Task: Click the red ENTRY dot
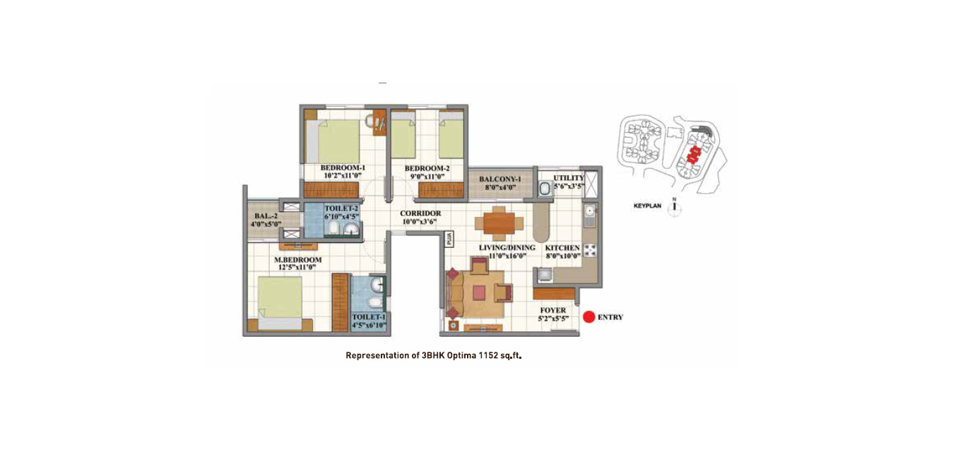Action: (x=589, y=317)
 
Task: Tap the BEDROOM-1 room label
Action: (x=343, y=167)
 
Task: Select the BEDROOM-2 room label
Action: (x=427, y=169)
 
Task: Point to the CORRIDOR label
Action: (x=420, y=213)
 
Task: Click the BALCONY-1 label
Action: (x=500, y=179)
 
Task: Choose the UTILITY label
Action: (x=569, y=178)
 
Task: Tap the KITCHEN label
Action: (x=562, y=248)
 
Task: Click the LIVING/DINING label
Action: (x=507, y=248)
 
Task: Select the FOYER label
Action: (x=553, y=310)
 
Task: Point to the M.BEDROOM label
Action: (x=298, y=260)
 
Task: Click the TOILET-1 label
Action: (x=369, y=317)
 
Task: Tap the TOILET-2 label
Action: (x=342, y=208)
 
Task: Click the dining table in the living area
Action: (x=499, y=223)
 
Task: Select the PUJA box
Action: (x=449, y=239)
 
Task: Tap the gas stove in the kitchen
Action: (x=590, y=250)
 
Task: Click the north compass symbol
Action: (x=674, y=208)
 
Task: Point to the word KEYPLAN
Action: (x=648, y=206)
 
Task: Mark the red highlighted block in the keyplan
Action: (x=693, y=154)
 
